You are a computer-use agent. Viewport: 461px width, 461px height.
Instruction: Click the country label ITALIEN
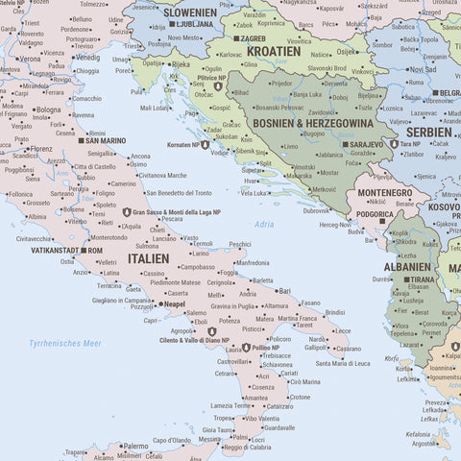[148, 258]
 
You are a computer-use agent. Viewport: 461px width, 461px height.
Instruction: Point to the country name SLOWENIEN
[189, 12]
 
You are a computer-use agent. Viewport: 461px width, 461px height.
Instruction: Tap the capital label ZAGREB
[253, 38]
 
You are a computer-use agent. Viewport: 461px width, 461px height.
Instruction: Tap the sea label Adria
[263, 224]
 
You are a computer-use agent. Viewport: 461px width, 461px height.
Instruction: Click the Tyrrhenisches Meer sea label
[64, 343]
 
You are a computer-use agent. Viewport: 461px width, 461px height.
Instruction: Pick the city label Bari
[284, 290]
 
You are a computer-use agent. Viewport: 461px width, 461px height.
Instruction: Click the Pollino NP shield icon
[247, 348]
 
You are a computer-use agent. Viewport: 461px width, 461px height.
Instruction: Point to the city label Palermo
[135, 446]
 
